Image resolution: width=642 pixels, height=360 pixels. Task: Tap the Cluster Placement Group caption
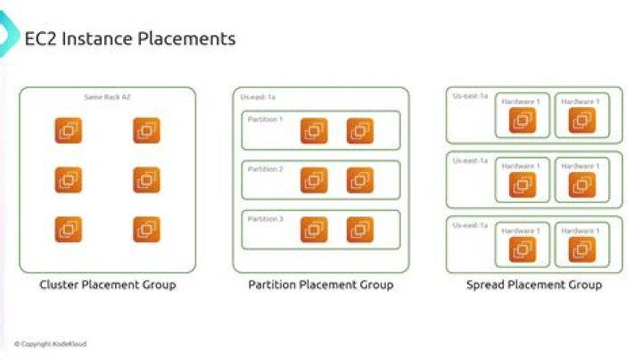(x=107, y=285)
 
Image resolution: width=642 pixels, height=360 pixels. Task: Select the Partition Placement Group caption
(x=320, y=285)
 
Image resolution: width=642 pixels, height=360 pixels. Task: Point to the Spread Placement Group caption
(x=533, y=285)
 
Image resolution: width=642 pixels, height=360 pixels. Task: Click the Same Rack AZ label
(x=107, y=96)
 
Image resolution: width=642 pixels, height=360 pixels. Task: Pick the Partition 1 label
(x=265, y=119)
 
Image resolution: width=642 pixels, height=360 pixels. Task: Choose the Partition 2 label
(x=265, y=168)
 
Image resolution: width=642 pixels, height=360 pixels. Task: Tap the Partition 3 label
(x=265, y=218)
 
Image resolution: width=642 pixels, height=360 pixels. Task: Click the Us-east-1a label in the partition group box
(x=258, y=96)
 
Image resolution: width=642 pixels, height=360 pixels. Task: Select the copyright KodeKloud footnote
(x=50, y=344)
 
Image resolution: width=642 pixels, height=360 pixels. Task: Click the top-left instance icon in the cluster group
(x=69, y=131)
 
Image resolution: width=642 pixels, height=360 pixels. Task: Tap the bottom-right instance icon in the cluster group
(x=146, y=230)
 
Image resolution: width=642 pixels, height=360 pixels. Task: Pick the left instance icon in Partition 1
(x=313, y=131)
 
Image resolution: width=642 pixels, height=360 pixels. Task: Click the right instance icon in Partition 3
(x=360, y=230)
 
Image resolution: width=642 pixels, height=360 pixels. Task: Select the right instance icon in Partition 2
(x=360, y=180)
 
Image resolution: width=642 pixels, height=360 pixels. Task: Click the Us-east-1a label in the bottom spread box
(x=470, y=226)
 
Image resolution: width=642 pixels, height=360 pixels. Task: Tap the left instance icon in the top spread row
(x=522, y=121)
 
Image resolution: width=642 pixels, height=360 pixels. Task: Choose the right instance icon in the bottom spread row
(x=581, y=250)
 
